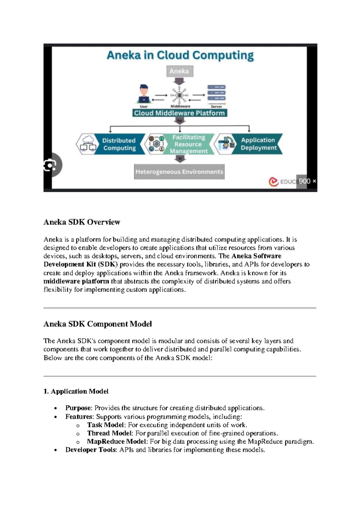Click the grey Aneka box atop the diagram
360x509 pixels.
(179, 71)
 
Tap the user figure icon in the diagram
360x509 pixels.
(144, 94)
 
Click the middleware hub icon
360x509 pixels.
(180, 95)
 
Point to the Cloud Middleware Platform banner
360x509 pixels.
(180, 113)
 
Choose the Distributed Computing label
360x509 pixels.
(119, 144)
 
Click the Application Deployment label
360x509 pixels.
(258, 144)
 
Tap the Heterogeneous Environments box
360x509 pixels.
(179, 172)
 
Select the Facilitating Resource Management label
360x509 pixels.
(188, 144)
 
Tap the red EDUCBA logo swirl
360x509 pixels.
(273, 182)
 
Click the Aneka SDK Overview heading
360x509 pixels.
(82, 222)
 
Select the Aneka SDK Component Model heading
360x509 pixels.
(97, 324)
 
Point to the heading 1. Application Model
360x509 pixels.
(76, 391)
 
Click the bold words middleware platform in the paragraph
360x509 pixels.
(76, 282)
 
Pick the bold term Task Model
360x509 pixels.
(106, 425)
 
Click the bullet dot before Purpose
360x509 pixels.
(55, 408)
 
